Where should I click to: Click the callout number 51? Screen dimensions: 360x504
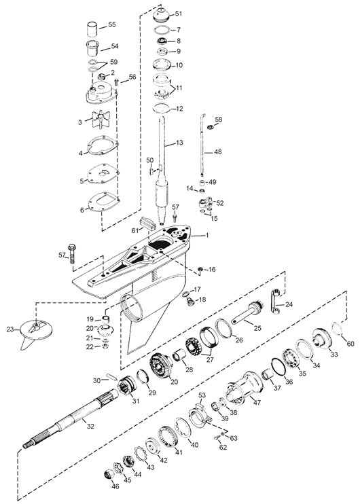click(179, 14)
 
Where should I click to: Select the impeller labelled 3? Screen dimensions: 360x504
click(101, 120)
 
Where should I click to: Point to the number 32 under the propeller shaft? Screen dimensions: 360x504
click(91, 426)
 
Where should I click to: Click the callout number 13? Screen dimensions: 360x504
click(179, 143)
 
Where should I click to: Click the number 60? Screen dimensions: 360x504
click(350, 344)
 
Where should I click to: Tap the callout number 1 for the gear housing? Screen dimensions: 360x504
click(207, 236)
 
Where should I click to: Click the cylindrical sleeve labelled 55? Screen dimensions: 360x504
click(92, 30)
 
